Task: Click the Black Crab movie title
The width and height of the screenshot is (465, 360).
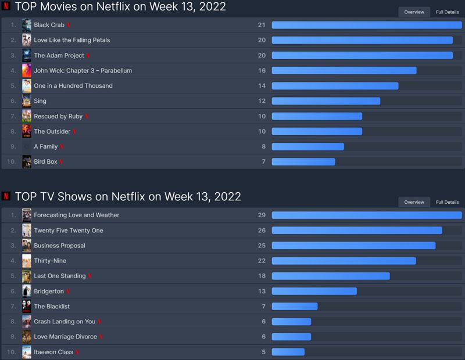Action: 49,25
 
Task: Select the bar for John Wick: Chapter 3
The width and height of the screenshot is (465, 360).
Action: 344,70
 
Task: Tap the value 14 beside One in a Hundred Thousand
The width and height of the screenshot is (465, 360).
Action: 262,85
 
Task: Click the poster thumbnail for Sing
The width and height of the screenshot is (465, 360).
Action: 27,101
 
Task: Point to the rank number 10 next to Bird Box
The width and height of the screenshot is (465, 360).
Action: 12,161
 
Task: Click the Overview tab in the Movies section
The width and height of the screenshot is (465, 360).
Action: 414,12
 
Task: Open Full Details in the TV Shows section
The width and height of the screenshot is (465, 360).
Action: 447,202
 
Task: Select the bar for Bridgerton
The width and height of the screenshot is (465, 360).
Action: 314,291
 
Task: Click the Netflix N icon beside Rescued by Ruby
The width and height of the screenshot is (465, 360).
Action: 87,116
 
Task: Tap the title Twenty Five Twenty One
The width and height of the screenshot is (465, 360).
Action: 69,231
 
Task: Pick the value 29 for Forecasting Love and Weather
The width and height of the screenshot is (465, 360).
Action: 262,215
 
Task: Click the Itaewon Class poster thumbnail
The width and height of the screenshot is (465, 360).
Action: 27,352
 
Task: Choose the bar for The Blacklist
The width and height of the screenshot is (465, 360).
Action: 295,306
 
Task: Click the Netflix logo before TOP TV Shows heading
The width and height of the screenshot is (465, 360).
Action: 6,197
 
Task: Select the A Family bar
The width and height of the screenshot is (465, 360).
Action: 307,146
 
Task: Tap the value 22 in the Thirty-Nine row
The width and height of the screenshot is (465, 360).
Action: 262,261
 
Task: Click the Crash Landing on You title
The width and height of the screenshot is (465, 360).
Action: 65,321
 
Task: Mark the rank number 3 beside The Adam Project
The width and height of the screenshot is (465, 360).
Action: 13,55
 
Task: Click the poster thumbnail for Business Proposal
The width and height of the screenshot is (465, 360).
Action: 27,246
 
